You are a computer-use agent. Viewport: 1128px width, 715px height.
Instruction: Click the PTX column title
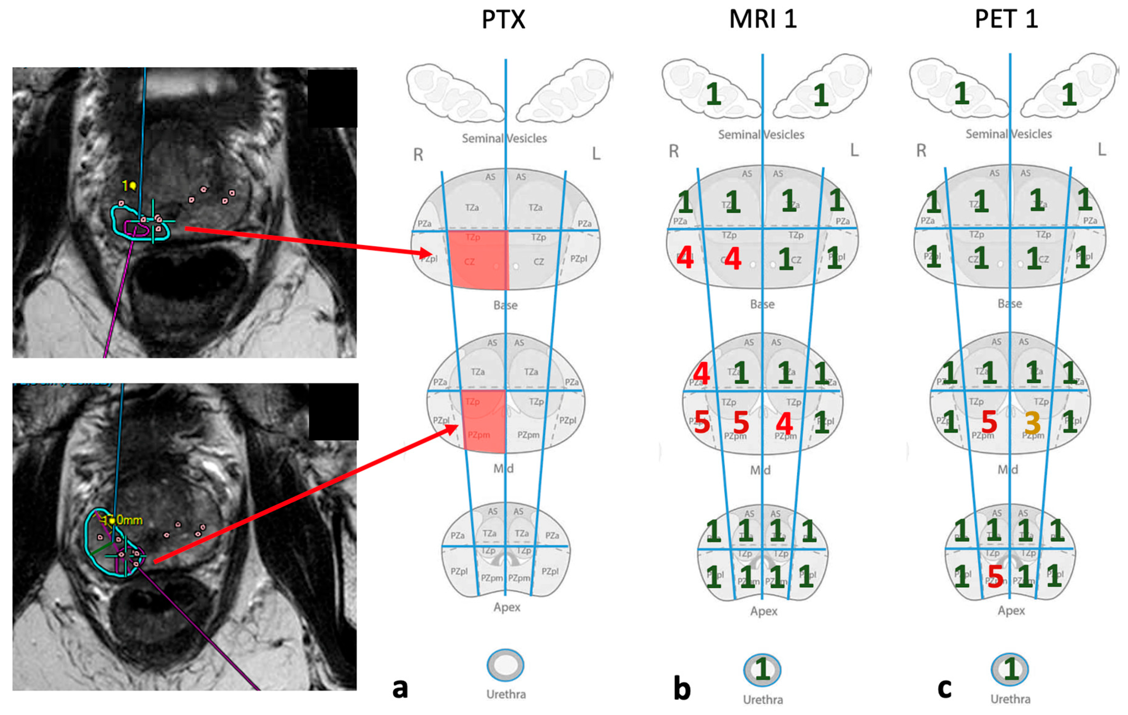point(504,20)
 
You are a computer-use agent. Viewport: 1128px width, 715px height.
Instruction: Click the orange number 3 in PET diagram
point(1033,423)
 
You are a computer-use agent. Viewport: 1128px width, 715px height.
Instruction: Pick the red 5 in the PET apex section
point(995,576)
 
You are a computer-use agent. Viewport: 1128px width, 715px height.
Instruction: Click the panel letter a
point(400,688)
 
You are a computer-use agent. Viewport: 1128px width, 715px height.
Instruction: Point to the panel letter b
point(682,689)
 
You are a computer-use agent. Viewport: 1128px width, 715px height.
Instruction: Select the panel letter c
point(944,688)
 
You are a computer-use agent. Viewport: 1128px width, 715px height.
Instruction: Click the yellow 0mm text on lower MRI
point(129,520)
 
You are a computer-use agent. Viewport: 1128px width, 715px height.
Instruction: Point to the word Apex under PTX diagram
point(506,607)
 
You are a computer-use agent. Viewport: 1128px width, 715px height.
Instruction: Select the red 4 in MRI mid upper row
point(701,373)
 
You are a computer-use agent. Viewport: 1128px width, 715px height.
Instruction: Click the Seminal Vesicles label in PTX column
point(504,138)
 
